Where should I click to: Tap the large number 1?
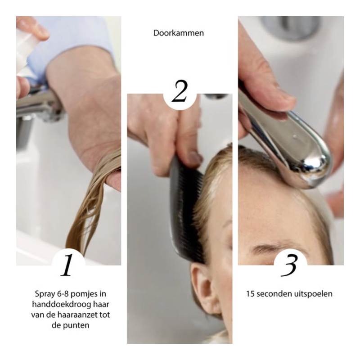[67, 265]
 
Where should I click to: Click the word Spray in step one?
[44, 294]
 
